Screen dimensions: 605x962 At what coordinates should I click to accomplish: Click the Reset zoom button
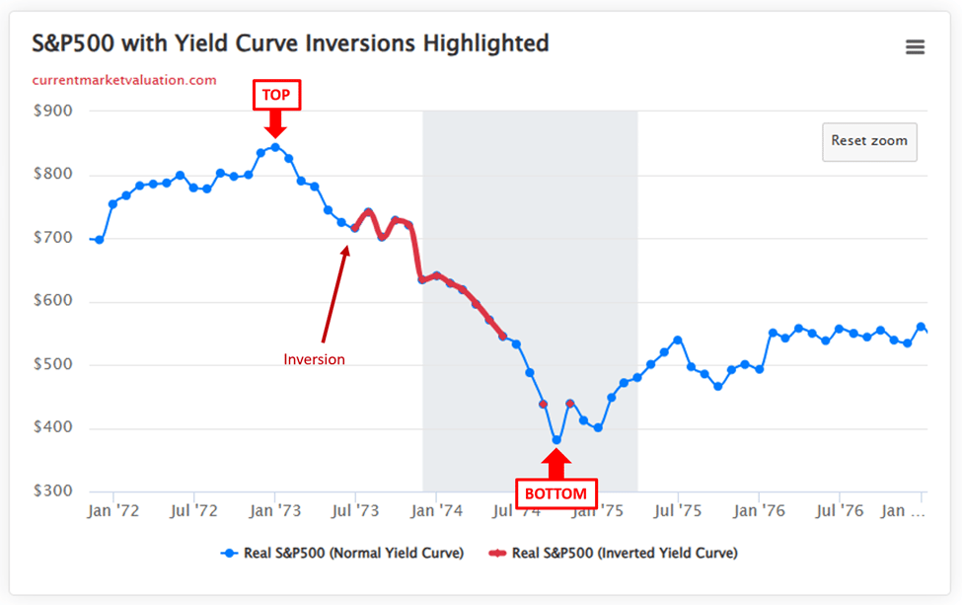pyautogui.click(x=869, y=141)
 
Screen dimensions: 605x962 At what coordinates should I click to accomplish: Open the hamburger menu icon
pyautogui.click(x=915, y=46)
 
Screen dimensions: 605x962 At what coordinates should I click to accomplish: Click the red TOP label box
pyautogui.click(x=275, y=95)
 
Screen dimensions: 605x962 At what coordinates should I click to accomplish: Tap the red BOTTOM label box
pyautogui.click(x=555, y=493)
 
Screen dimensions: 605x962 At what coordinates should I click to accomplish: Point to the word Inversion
pyautogui.click(x=315, y=360)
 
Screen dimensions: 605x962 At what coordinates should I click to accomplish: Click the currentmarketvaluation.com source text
pyautogui.click(x=124, y=80)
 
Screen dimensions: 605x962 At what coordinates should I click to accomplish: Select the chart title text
pyautogui.click(x=290, y=43)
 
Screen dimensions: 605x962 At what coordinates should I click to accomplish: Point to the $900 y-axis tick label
pyautogui.click(x=52, y=111)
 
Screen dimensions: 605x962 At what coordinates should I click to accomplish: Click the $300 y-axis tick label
pyautogui.click(x=52, y=492)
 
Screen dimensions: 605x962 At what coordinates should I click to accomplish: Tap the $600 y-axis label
pyautogui.click(x=52, y=301)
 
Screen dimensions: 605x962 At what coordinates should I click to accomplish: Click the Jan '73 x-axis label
pyautogui.click(x=274, y=511)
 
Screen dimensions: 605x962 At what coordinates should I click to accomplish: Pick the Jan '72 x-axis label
pyautogui.click(x=112, y=511)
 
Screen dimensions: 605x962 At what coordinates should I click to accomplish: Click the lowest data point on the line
pyautogui.click(x=556, y=440)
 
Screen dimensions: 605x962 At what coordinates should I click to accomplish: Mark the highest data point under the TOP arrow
pyautogui.click(x=275, y=147)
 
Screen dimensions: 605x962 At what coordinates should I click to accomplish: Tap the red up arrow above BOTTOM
pyautogui.click(x=556, y=464)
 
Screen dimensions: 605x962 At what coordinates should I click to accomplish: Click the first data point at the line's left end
pyautogui.click(x=99, y=240)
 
